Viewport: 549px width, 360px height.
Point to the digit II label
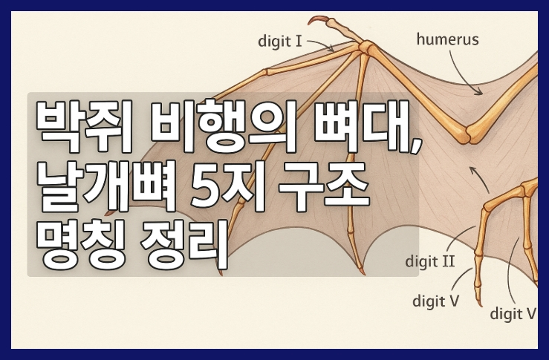[x=441, y=261]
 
